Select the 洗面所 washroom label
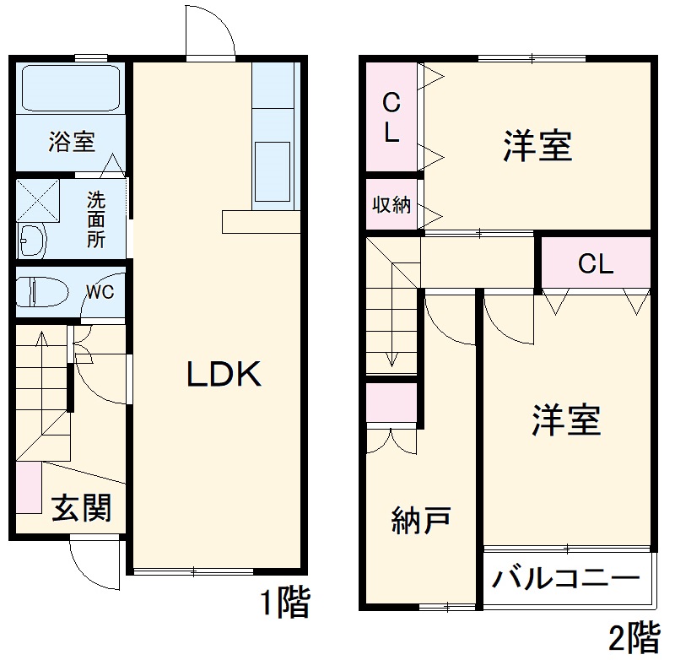[96, 219]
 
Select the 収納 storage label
[391, 204]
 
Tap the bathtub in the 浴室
[71, 89]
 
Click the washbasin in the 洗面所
[32, 241]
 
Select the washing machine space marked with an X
[35, 199]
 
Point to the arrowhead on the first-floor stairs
[42, 338]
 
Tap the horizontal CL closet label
[595, 264]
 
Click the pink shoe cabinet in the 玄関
[27, 488]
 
